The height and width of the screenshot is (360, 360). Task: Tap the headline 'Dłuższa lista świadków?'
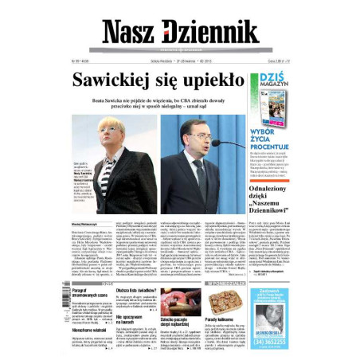pyautogui.click(x=136, y=292)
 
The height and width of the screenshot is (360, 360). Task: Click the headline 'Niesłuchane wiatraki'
pyautogui.click(x=90, y=329)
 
